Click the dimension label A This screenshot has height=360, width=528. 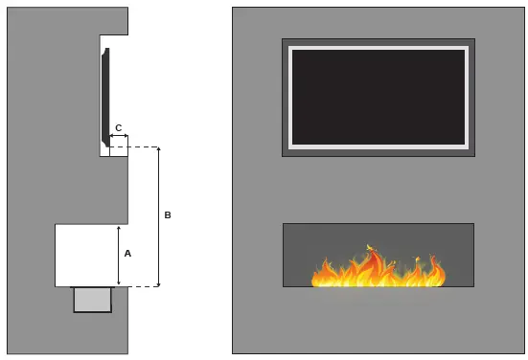pos(127,254)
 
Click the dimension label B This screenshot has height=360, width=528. pos(168,215)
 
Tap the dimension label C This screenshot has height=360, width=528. pos(118,127)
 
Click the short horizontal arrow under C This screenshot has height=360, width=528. pos(118,137)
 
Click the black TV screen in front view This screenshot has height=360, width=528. pos(378,96)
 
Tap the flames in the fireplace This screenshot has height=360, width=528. pos(379,271)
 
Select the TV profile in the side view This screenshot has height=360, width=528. pos(105,96)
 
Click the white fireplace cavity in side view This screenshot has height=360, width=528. pos(86,255)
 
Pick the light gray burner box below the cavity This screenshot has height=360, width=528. pos(92,300)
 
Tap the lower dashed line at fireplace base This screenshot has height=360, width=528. pos(139,286)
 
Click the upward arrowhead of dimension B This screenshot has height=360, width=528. pos(158,150)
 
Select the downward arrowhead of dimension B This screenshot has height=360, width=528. pos(158,282)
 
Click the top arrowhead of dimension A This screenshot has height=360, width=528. pos(118,229)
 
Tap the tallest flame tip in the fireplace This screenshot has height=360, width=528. pos(370,248)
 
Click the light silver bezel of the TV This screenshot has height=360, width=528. pos(379,48)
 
